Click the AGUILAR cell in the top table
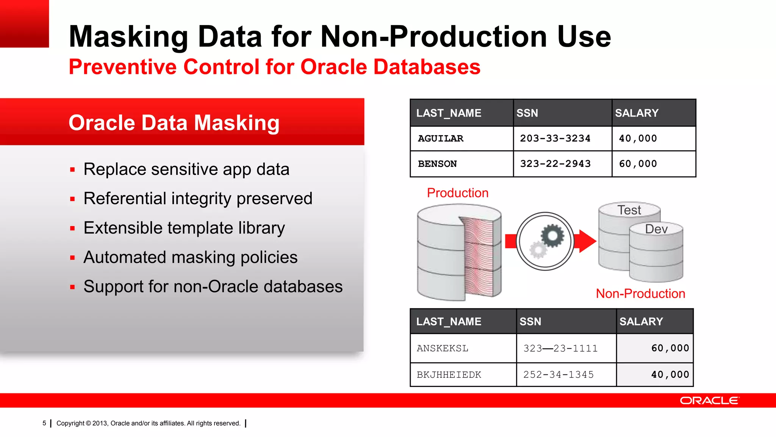[x=440, y=138]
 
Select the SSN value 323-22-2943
[x=555, y=164]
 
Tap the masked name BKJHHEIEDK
[x=449, y=375]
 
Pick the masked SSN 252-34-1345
[x=559, y=375]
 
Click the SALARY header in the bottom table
[x=641, y=322]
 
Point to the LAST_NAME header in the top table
[x=449, y=113]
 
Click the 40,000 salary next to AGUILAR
[x=638, y=138]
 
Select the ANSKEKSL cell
[x=442, y=348]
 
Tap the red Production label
[x=457, y=193]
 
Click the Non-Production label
[x=640, y=294]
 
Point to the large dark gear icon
[x=552, y=236]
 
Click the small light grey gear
[x=538, y=250]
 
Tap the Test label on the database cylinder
[x=629, y=210]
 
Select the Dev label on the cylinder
[x=656, y=229]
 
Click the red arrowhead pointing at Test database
[x=587, y=241]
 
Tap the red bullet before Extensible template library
[x=72, y=228]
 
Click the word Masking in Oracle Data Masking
[x=237, y=123]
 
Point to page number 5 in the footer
[x=44, y=423]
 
